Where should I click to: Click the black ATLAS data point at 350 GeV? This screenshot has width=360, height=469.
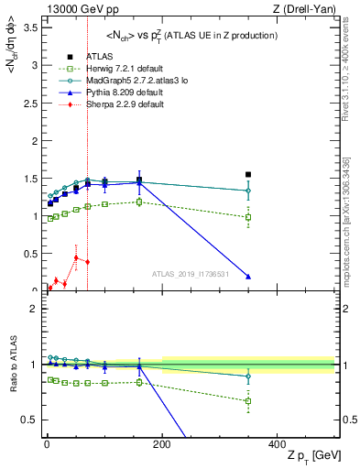[x=248, y=174]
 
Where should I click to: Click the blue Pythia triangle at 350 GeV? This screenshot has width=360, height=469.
[x=248, y=277]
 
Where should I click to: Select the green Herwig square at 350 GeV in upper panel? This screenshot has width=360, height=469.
[x=248, y=217]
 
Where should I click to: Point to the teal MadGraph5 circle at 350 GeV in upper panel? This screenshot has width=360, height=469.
[x=248, y=191]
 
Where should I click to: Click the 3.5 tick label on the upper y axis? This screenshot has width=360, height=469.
[x=30, y=28]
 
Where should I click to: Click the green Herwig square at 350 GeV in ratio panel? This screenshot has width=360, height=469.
[x=248, y=400]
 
